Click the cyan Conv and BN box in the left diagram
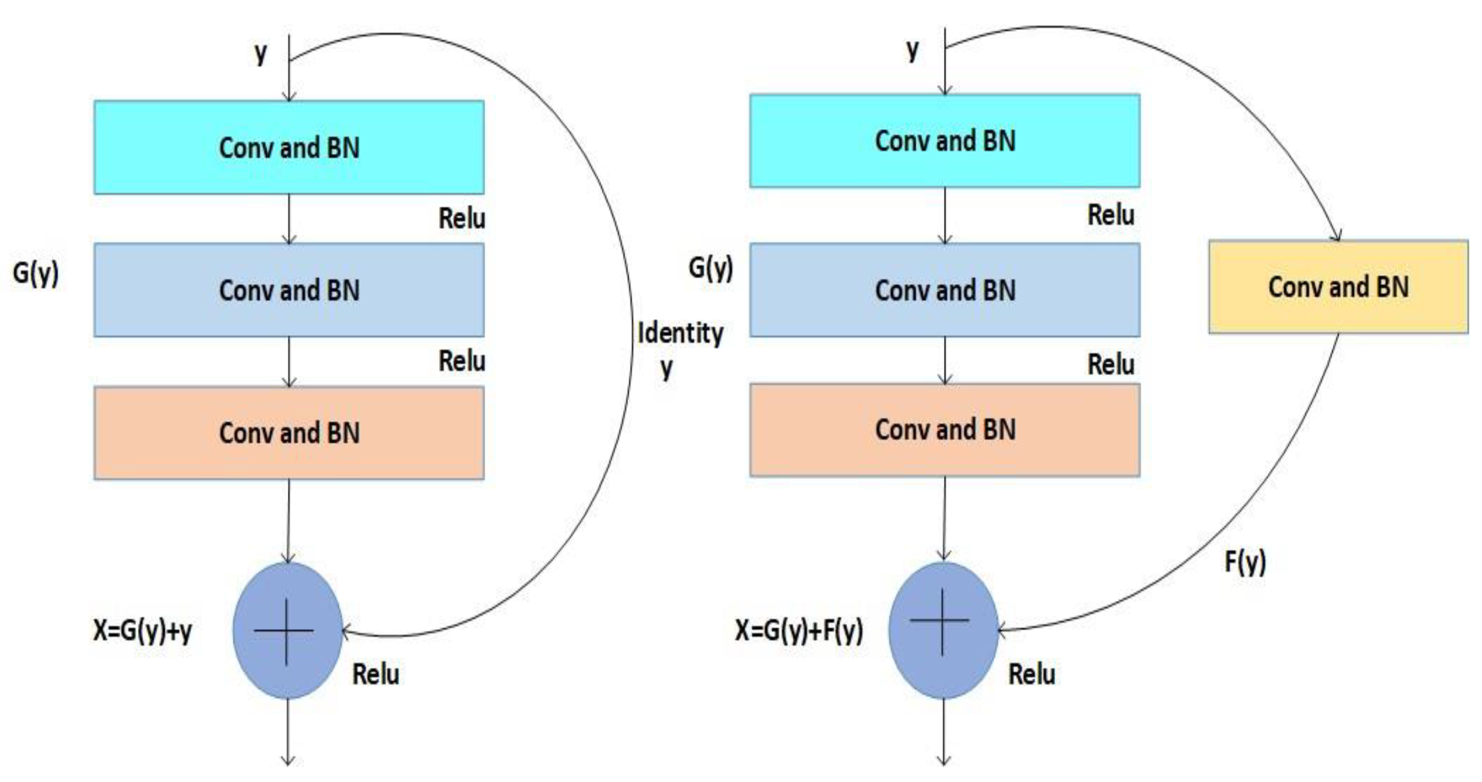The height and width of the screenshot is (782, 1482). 289,147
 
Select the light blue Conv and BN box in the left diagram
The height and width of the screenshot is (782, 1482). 289,290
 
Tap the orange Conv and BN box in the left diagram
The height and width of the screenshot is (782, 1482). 289,433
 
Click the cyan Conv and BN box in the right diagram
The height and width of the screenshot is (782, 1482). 945,140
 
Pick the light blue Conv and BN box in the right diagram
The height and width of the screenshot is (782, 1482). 945,290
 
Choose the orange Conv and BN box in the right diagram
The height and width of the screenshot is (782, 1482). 945,429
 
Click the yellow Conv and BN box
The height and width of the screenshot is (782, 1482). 1338,286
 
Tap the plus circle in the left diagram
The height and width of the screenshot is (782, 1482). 287,630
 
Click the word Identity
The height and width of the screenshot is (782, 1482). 680,333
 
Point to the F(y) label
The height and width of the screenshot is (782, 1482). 1245,562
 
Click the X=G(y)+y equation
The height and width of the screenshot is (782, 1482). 143,630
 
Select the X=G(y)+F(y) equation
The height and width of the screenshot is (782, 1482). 799,630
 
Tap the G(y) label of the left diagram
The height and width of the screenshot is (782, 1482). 36,273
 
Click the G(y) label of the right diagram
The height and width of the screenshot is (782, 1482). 710,268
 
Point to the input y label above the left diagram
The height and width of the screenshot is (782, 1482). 260,53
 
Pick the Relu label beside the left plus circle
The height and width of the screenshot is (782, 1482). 375,674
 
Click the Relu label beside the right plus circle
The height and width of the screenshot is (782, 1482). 1032,674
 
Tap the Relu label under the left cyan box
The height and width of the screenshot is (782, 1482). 461,218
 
